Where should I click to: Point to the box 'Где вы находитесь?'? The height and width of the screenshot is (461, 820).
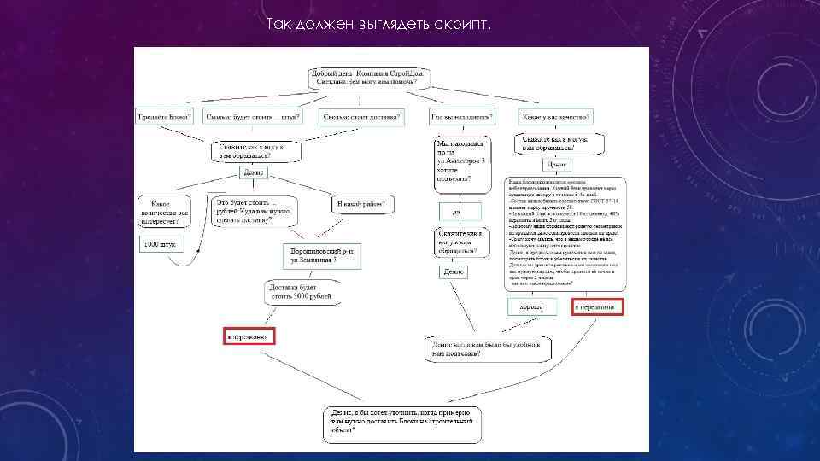click(x=461, y=116)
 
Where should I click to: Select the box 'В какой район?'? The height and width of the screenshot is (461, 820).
click(x=363, y=205)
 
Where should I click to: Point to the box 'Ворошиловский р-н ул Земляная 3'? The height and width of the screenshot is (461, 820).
click(x=322, y=255)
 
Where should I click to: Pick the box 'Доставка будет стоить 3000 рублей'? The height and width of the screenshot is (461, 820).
click(x=300, y=292)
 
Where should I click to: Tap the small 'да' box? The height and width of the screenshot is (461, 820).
click(x=457, y=211)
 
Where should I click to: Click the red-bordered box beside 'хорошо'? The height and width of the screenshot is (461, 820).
click(x=598, y=307)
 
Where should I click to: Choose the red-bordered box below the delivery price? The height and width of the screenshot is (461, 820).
click(x=248, y=337)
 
